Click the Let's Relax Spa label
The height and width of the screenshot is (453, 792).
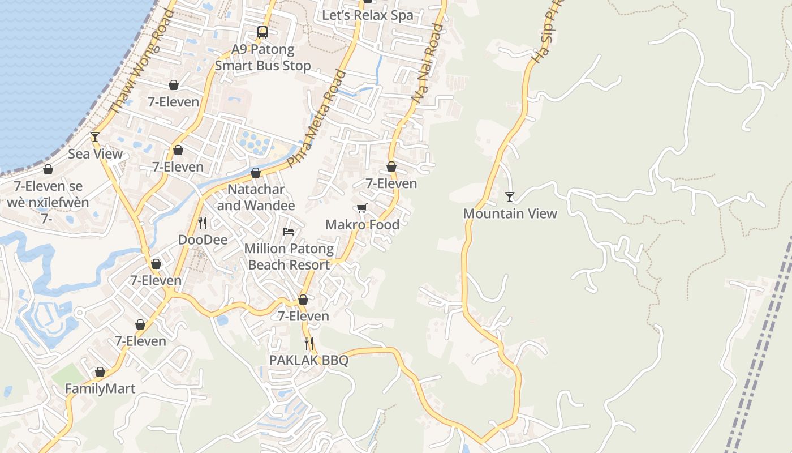coord(368,15)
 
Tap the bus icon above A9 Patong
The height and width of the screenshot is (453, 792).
coord(262,32)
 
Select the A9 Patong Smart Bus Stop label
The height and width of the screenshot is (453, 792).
coord(263,57)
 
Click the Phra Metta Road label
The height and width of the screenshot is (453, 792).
coord(316,119)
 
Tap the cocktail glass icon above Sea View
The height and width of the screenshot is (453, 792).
coord(95,137)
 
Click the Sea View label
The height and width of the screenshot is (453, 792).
coord(95,154)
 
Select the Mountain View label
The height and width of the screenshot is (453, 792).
coord(510,213)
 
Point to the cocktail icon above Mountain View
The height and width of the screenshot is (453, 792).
coord(510,197)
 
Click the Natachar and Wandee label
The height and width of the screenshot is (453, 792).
coord(256,197)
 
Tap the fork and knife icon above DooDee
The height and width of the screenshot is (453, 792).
coord(203,223)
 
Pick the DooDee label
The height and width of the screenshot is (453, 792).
coord(203,240)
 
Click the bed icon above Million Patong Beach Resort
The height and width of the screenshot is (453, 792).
coord(289,232)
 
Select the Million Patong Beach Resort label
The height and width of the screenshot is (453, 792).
coord(289,257)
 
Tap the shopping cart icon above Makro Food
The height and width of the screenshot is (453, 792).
coord(362,208)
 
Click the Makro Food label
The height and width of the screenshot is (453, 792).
coord(362,224)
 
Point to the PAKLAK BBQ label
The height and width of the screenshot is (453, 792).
coord(308,360)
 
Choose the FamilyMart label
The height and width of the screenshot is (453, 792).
coord(100,389)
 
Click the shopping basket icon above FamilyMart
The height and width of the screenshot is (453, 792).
coord(100,373)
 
